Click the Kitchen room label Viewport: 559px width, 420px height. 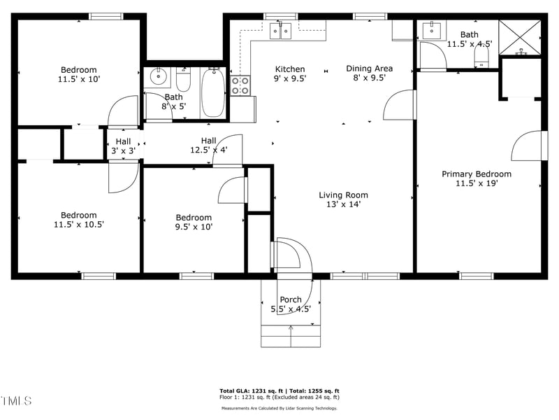tap(290, 69)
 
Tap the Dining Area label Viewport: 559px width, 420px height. tap(370, 69)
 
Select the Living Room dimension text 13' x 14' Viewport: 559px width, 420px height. tap(343, 205)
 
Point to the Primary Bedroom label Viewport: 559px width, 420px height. tap(477, 174)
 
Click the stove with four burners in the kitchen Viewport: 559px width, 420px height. tap(240, 85)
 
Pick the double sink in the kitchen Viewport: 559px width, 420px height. tap(281, 30)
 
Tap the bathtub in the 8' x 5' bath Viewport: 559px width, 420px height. tap(213, 92)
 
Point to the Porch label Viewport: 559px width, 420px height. tap(291, 300)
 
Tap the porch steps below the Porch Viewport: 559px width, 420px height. tap(291, 336)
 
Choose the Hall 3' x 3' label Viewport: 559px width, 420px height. tap(123, 146)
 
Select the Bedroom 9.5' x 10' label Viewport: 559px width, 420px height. tap(194, 218)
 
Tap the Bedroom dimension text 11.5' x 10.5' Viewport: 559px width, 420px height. tap(78, 225)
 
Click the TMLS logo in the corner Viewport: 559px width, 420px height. tap(17, 401)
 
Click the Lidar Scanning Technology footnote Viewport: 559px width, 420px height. tap(279, 408)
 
